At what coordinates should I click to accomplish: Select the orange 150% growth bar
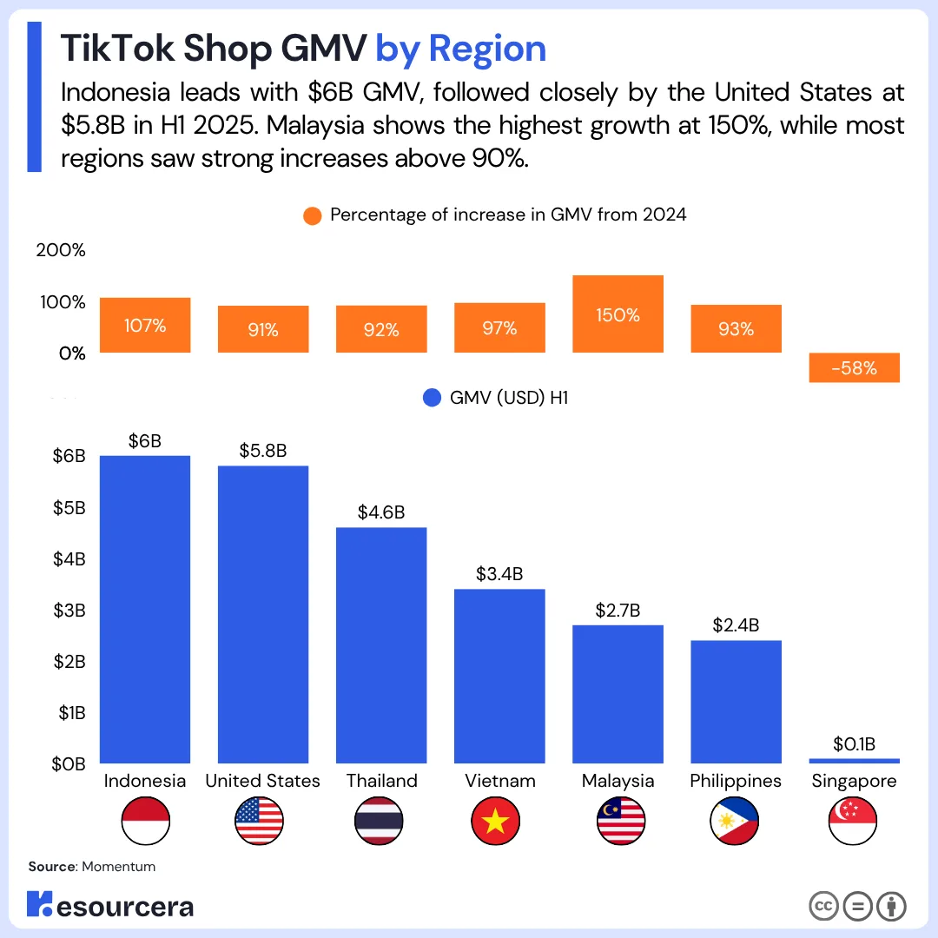click(618, 314)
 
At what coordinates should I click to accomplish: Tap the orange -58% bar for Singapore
click(854, 367)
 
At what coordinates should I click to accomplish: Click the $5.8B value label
click(263, 451)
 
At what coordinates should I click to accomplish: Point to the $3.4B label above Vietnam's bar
click(499, 574)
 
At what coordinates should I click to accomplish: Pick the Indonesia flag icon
click(145, 821)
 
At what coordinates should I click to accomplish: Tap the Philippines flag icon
click(735, 821)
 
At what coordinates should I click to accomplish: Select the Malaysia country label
click(618, 781)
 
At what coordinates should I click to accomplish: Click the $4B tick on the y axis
click(69, 558)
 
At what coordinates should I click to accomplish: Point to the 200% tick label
click(61, 251)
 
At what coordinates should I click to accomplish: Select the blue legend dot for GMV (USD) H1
click(433, 399)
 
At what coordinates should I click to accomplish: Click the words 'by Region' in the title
click(460, 49)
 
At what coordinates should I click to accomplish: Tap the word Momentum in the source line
click(119, 867)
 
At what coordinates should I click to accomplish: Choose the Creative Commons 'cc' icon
click(822, 906)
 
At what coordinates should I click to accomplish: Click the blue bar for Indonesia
click(145, 609)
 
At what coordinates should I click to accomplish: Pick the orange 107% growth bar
click(145, 325)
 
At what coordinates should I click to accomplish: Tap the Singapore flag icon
click(853, 821)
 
